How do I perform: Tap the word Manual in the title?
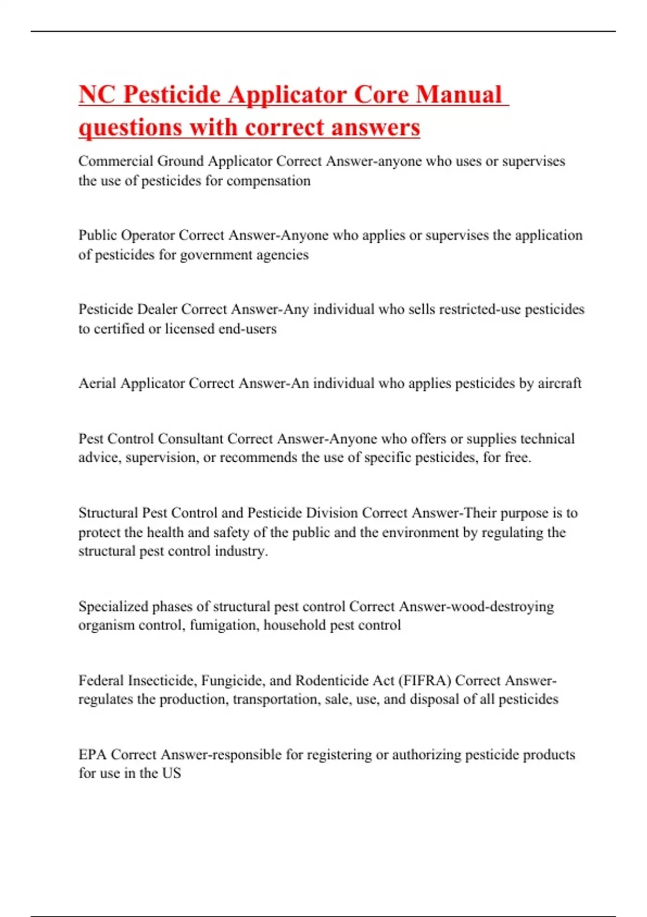coord(459,94)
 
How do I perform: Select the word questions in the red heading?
coord(130,128)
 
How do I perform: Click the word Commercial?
coord(115,161)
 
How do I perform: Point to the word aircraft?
coord(559,383)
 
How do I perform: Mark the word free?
coord(518,457)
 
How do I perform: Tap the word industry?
coord(241,551)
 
